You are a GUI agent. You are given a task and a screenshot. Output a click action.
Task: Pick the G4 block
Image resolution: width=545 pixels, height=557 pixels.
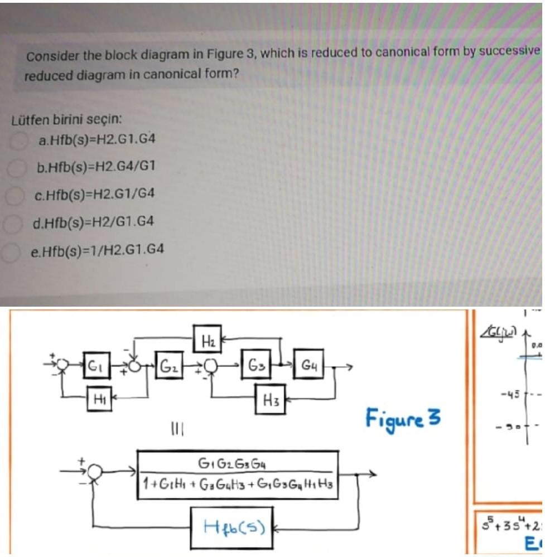307,366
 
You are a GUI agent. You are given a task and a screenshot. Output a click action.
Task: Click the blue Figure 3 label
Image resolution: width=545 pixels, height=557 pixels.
403,417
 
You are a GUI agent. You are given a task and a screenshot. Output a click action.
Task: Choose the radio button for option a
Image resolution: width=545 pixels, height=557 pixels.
20,139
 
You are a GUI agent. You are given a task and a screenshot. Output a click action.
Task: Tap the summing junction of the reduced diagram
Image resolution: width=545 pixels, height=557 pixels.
98,473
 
